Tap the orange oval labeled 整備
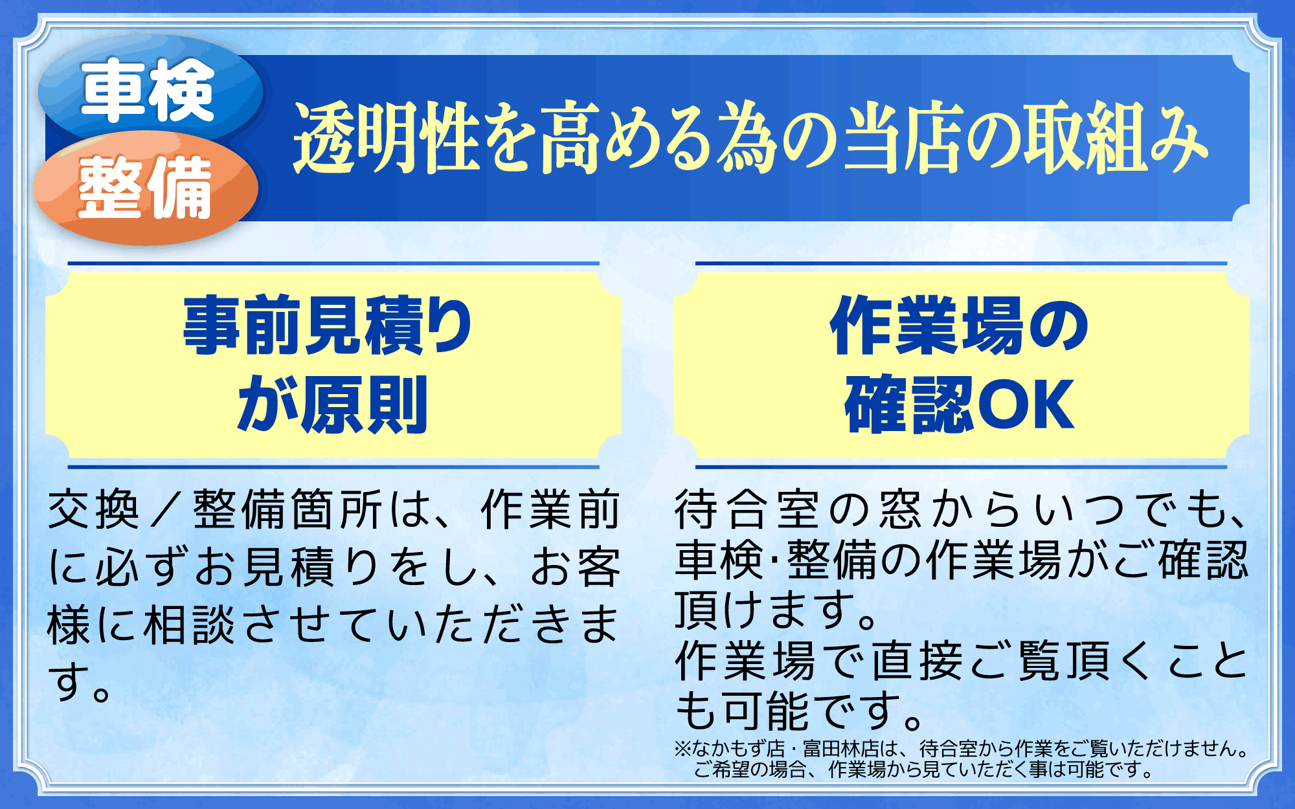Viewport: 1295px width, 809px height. click(x=146, y=188)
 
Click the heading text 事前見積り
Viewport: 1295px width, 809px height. click(x=328, y=326)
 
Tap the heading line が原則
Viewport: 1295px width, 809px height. click(x=332, y=404)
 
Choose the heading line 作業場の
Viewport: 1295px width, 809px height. click(x=959, y=326)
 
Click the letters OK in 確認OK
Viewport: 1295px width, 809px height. click(x=1026, y=404)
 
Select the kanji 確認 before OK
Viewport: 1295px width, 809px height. click(x=910, y=404)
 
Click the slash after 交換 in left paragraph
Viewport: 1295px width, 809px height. click(x=166, y=510)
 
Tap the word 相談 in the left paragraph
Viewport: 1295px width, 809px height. click(x=188, y=625)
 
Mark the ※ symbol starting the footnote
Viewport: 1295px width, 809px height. click(x=683, y=749)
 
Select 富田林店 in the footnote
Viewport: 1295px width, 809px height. click(x=841, y=749)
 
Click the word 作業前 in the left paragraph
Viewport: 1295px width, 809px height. click(x=551, y=510)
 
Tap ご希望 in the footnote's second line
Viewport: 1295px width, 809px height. click(x=722, y=770)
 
